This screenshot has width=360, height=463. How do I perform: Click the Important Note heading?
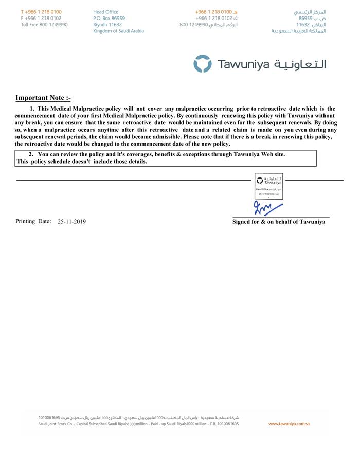point(43,98)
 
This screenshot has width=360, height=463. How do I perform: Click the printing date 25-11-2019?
point(72,222)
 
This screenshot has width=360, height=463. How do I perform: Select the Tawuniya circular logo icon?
point(202,64)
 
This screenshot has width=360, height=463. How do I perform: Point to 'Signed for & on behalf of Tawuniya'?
point(279,222)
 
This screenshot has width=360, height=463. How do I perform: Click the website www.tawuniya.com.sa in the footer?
point(289,424)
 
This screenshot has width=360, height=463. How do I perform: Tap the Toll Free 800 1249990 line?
point(44,25)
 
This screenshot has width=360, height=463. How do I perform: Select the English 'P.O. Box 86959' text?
point(109,18)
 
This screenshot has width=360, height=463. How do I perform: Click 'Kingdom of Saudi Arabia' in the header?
point(118,31)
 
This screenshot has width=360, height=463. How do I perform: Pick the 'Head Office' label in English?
point(106,11)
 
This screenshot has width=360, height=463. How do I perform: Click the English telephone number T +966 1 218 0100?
point(41,11)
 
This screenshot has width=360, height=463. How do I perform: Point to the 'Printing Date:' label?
point(33,221)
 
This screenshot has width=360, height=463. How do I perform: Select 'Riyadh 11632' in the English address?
point(107,25)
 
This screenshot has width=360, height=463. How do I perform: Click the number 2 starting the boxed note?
point(30,154)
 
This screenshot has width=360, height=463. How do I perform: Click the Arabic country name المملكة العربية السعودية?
point(299,31)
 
